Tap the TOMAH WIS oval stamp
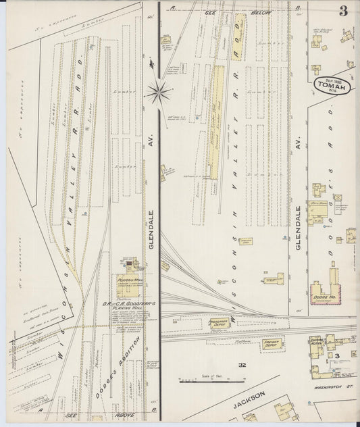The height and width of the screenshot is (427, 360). point(331,87)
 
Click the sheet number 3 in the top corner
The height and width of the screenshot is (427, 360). point(344,11)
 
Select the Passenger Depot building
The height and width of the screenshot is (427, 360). point(218,323)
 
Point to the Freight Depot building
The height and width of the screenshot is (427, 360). point(272,344)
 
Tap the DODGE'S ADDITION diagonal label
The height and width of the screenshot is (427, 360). point(119,365)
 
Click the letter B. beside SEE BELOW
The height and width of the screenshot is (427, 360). point(297,7)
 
